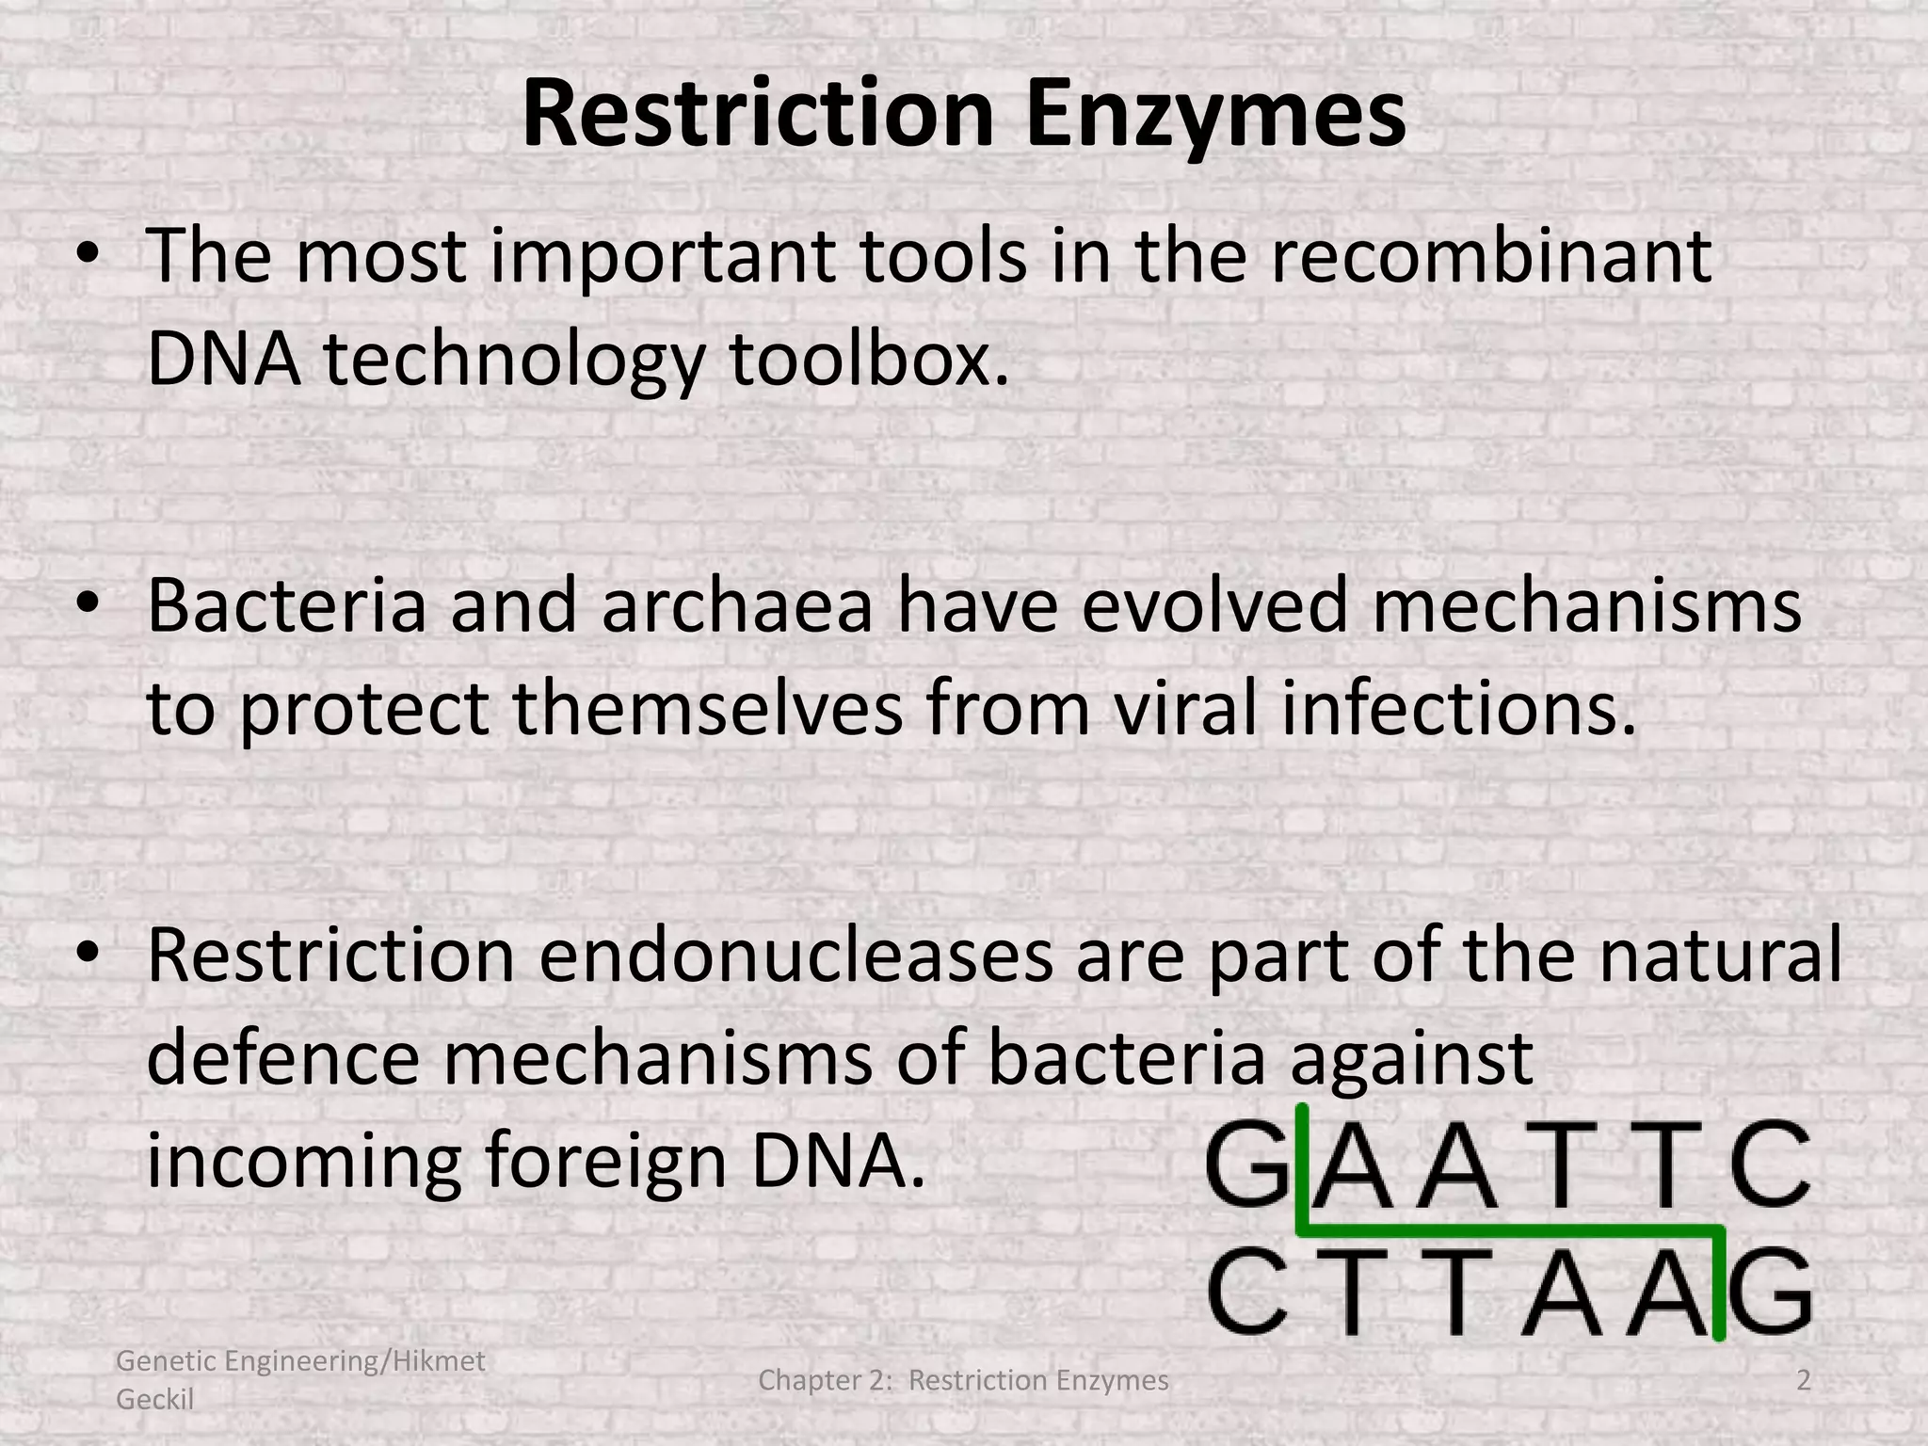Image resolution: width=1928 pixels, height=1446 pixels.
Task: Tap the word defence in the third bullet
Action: pyautogui.click(x=282, y=1058)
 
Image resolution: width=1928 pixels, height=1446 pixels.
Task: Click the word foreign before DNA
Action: pyautogui.click(x=606, y=1161)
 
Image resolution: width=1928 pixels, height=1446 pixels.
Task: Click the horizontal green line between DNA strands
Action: pyautogui.click(x=1506, y=1229)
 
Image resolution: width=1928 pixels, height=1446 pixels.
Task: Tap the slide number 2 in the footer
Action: pyautogui.click(x=1803, y=1381)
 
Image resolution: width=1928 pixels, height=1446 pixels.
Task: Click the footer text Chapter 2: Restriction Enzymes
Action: pyautogui.click(x=963, y=1381)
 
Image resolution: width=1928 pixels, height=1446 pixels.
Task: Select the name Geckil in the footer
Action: pyautogui.click(x=155, y=1400)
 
